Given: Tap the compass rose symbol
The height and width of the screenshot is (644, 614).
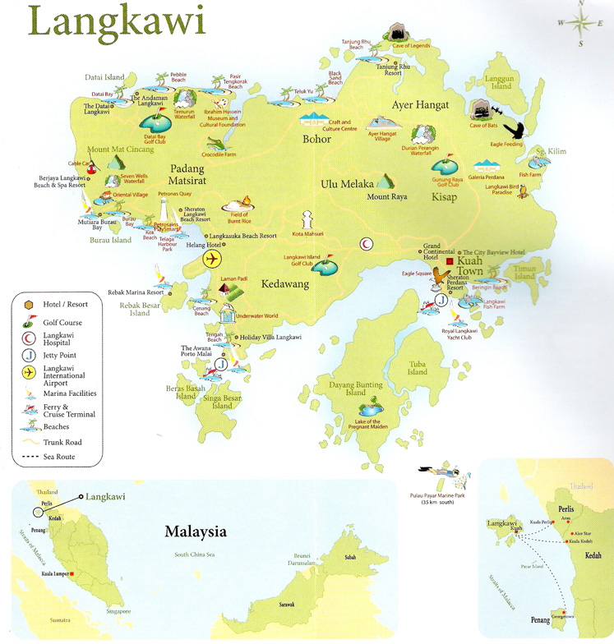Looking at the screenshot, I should click(x=579, y=22).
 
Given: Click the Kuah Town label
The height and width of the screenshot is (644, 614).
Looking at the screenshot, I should click(x=470, y=264).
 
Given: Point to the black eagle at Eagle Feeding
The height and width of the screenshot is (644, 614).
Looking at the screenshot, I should click(x=515, y=130).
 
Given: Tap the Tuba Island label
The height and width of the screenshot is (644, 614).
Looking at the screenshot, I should click(x=418, y=366).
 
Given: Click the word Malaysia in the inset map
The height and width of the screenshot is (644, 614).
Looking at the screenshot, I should click(x=195, y=531).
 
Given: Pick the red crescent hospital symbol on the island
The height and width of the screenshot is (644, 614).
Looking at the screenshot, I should click(x=366, y=244).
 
